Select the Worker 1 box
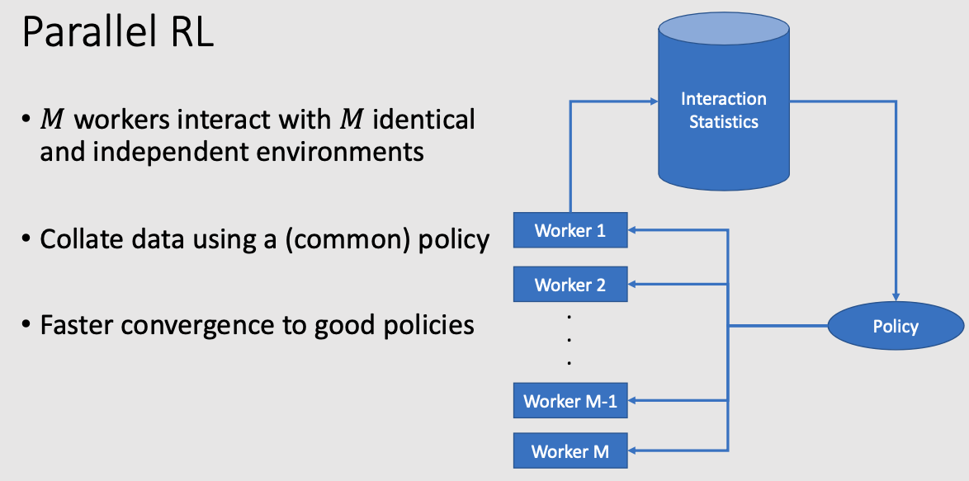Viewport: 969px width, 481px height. coord(570,230)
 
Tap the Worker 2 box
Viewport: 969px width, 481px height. coord(570,285)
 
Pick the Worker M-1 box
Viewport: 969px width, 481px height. coord(570,401)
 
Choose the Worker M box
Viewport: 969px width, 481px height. coord(570,450)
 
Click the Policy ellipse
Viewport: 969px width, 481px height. coord(896,326)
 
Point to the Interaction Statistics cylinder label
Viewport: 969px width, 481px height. coord(724,110)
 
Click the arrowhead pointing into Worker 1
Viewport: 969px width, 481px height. coord(632,230)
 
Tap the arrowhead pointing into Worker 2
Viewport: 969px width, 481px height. coord(632,285)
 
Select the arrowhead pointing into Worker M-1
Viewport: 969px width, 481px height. coord(632,401)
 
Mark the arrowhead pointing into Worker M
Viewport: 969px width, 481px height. coord(632,450)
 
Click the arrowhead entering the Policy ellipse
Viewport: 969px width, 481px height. coord(896,297)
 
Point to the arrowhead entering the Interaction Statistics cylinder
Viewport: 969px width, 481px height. coord(654,101)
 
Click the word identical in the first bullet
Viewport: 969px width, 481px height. coord(424,119)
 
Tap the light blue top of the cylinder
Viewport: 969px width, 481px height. coord(724,29)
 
